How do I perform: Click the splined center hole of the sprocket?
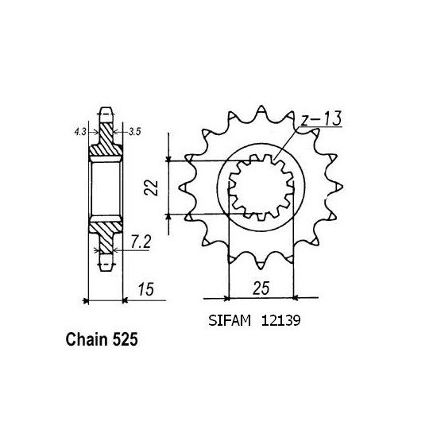point(262,188)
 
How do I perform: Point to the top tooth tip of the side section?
point(106,109)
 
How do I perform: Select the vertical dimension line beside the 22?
point(169,188)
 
